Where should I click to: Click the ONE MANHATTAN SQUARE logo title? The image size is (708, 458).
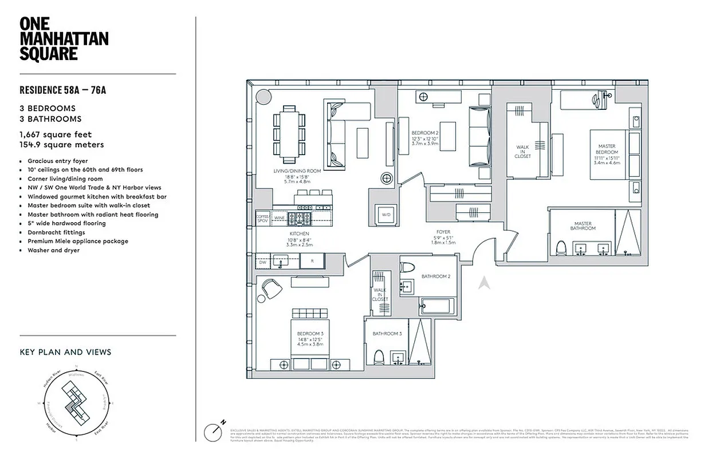(x=64, y=39)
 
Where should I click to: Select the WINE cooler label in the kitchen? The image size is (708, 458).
(x=280, y=218)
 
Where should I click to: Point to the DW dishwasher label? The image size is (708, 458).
(x=262, y=262)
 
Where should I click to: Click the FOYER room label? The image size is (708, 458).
(x=443, y=232)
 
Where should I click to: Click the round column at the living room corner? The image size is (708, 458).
(x=262, y=96)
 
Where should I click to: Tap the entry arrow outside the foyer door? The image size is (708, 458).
(x=483, y=282)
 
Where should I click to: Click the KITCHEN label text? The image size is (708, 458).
(x=299, y=234)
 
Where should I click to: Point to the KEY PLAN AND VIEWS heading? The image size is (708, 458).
(x=65, y=352)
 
